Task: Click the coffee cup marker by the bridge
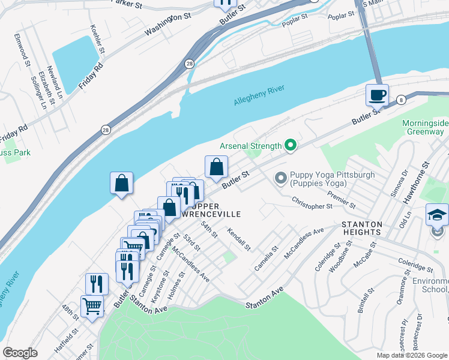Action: (377, 95)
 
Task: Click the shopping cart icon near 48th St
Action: (92, 306)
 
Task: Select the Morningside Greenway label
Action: (424, 128)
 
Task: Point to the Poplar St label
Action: (295, 20)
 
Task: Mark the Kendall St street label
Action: (238, 239)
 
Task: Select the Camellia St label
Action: (266, 256)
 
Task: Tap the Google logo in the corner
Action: (20, 353)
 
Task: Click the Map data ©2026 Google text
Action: (411, 356)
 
